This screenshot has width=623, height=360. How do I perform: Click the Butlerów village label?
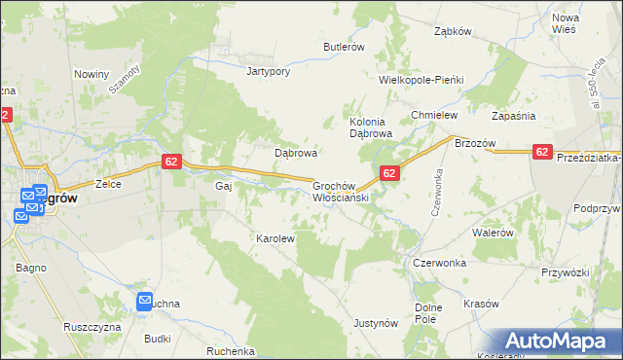(344, 47)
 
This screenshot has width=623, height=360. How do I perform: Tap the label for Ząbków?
(453, 31)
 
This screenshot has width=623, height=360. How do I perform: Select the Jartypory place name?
(269, 71)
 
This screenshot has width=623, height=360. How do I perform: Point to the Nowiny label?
(92, 74)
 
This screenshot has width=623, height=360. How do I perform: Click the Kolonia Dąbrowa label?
(370, 126)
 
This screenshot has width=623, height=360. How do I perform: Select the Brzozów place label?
(475, 143)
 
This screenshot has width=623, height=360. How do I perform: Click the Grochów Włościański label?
(338, 190)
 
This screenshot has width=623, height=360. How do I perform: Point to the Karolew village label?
(275, 237)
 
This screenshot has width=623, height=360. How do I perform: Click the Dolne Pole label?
(429, 312)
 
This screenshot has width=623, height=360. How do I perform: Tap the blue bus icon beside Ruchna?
(145, 302)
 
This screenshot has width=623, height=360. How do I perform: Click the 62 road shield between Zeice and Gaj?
(170, 162)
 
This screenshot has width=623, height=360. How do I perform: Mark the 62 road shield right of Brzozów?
(543, 151)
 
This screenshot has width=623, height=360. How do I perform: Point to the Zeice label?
(107, 183)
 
